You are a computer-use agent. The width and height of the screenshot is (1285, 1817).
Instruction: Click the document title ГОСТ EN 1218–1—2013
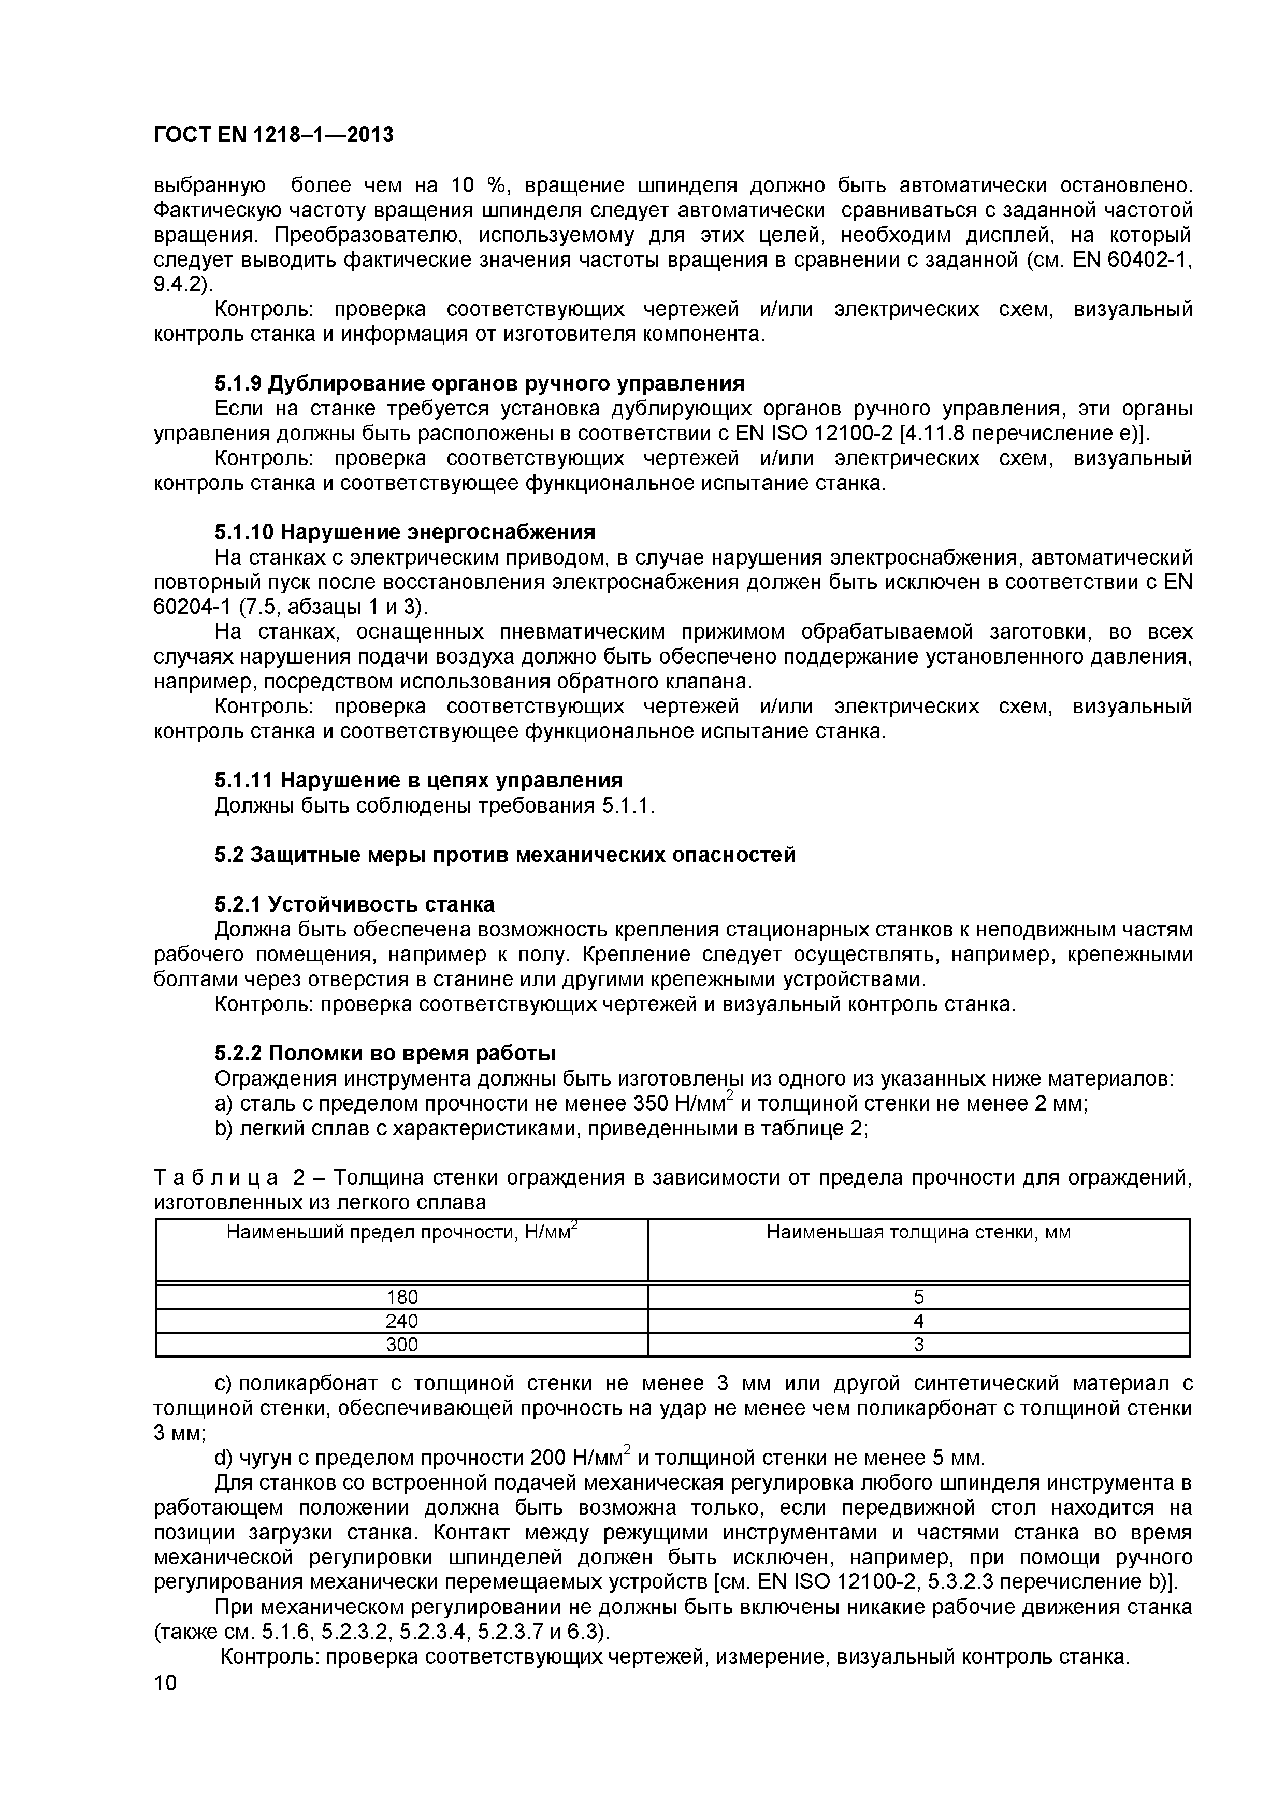point(273,135)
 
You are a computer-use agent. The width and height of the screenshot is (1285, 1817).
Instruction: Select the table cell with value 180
point(401,1297)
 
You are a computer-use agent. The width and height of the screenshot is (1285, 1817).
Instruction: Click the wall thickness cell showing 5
point(919,1297)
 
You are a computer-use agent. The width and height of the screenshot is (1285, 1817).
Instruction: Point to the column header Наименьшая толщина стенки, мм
point(919,1232)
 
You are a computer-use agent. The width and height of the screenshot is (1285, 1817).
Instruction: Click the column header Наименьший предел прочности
point(401,1232)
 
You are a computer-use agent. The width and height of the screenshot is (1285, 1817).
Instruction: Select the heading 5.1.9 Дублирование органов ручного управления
point(480,384)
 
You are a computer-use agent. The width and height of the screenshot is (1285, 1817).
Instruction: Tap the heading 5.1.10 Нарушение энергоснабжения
point(405,531)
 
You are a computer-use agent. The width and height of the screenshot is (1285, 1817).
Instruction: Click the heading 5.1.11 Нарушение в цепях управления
point(418,780)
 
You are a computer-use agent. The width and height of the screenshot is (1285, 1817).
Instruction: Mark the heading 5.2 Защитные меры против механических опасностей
point(505,855)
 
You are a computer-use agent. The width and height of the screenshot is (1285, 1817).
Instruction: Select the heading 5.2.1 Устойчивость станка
point(354,904)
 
